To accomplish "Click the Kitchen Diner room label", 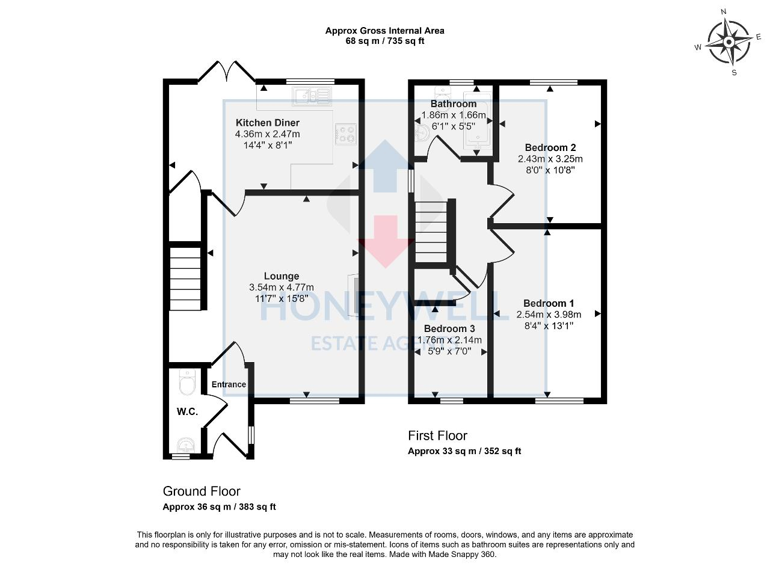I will click(x=267, y=123).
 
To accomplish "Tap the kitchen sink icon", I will click(x=312, y=96).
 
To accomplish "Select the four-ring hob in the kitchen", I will click(x=346, y=134).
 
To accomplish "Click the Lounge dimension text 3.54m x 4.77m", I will click(x=282, y=288).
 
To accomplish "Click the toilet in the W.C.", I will click(x=188, y=382).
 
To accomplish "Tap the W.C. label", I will click(x=187, y=412).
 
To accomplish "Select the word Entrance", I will click(x=229, y=384).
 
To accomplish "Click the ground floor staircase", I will click(x=185, y=280).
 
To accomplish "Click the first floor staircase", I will click(x=431, y=232).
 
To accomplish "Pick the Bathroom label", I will click(x=454, y=103).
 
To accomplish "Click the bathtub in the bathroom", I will click(x=477, y=120).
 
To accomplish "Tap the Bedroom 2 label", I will click(x=550, y=147).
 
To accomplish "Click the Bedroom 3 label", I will click(x=449, y=329).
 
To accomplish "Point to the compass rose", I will click(x=728, y=42).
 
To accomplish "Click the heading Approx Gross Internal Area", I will click(x=385, y=30).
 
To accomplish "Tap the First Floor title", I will click(x=437, y=435).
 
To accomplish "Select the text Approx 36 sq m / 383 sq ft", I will click(x=219, y=507).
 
